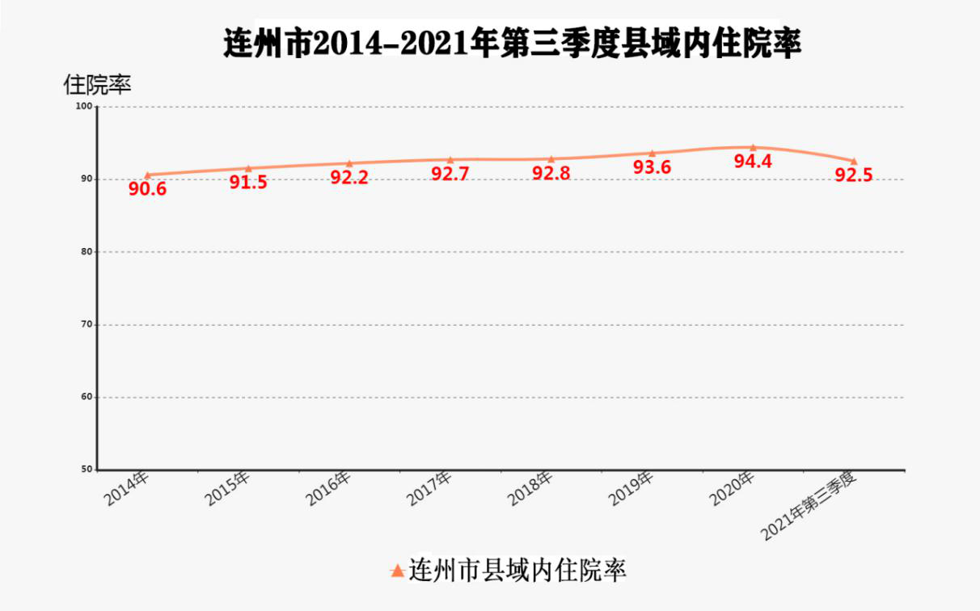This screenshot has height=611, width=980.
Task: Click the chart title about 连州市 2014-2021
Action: click(512, 43)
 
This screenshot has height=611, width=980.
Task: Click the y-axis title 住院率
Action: click(97, 83)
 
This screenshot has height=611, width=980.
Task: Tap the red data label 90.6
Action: click(147, 190)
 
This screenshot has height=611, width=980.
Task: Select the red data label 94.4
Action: click(753, 161)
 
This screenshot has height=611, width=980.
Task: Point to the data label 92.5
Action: click(854, 175)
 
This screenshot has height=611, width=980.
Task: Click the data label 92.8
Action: click(551, 173)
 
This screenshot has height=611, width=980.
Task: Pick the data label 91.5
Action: click(248, 182)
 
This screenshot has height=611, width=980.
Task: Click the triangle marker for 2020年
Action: click(753, 147)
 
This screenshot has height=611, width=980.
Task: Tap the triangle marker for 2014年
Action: click(147, 175)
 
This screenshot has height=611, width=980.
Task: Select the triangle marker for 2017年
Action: click(450, 160)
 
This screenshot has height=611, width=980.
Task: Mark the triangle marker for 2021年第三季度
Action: click(854, 161)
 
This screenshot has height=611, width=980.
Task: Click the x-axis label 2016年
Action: click(329, 488)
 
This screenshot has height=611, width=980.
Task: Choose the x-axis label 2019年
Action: click(632, 488)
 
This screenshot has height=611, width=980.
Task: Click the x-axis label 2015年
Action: click(228, 488)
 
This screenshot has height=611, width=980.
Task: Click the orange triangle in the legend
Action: click(397, 571)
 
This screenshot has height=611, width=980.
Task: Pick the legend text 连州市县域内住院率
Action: click(518, 571)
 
